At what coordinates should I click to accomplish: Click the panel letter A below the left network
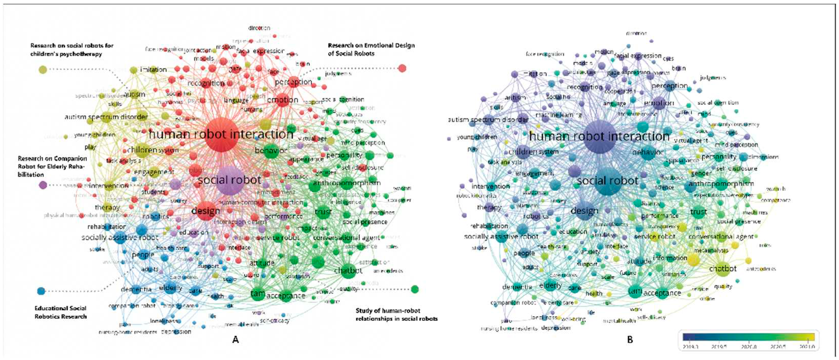point(236,339)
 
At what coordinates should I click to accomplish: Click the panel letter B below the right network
point(630,339)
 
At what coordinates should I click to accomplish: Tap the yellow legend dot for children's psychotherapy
point(43,69)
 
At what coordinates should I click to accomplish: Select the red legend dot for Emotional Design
point(402,68)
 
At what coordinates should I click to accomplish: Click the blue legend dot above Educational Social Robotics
point(41,291)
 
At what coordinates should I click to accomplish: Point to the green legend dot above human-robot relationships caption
point(415,289)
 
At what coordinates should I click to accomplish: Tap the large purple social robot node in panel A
point(230,180)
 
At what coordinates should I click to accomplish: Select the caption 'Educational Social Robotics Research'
point(61,312)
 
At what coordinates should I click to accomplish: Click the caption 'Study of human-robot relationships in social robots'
point(396,314)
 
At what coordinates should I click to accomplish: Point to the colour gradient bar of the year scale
point(748,337)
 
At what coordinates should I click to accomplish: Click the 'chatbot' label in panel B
point(723,269)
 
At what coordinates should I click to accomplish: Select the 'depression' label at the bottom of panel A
point(176,332)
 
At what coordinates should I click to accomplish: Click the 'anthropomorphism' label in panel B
point(721,184)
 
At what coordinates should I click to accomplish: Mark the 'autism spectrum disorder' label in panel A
point(106,117)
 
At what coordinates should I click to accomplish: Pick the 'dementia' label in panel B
point(517,287)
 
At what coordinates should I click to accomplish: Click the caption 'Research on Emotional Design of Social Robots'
point(371,49)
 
